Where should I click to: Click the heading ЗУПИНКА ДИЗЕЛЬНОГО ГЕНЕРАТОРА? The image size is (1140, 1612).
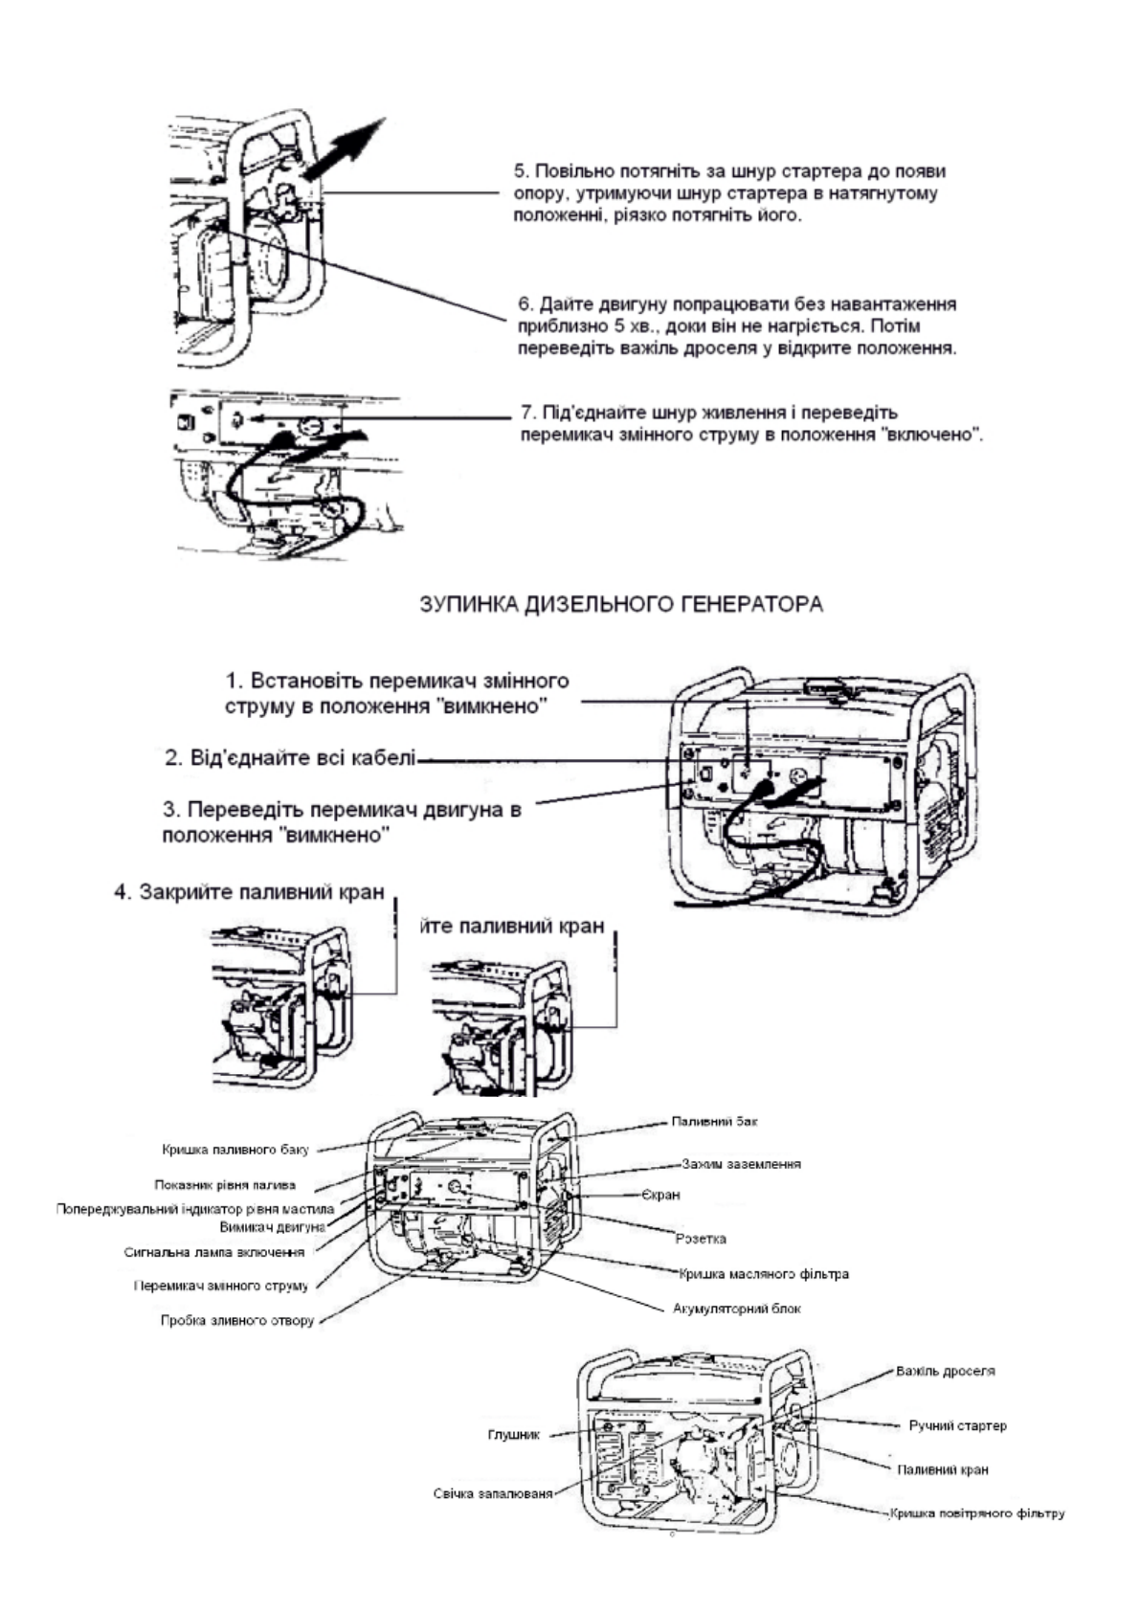621,604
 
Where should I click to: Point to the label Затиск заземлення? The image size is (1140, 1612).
741,1164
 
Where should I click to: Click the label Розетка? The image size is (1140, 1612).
701,1239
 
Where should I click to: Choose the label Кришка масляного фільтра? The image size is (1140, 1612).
764,1274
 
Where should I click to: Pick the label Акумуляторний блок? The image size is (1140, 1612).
737,1309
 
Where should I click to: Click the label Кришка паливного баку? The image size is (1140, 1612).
235,1149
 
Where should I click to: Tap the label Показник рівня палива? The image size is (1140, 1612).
225,1185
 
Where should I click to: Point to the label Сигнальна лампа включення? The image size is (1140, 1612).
214,1252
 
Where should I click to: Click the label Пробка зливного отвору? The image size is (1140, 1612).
236,1321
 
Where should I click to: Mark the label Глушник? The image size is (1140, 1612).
514,1435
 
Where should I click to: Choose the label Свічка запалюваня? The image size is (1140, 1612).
492,1494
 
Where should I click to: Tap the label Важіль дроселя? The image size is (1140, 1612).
945,1371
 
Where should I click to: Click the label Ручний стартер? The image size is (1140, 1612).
957,1425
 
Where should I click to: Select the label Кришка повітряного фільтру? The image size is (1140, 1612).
976,1513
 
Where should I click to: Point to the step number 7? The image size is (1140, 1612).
525,413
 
